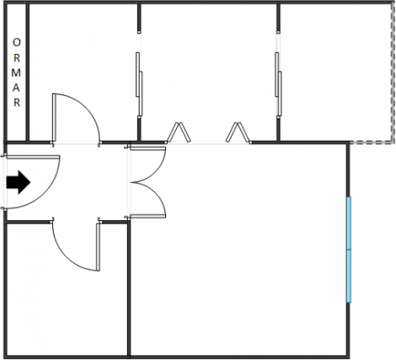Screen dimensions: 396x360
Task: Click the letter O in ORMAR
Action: (x=17, y=43)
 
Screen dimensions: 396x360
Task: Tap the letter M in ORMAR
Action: (x=16, y=73)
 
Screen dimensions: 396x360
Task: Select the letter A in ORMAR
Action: (x=16, y=88)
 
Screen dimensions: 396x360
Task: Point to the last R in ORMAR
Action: (x=17, y=103)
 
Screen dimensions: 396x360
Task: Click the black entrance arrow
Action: (x=19, y=182)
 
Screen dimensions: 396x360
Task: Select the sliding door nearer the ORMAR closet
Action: (x=139, y=84)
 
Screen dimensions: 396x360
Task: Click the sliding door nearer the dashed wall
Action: (x=278, y=84)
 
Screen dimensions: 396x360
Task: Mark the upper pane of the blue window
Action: (x=349, y=223)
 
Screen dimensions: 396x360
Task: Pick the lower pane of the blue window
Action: (x=349, y=277)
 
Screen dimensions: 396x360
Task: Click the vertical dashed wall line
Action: (x=393, y=73)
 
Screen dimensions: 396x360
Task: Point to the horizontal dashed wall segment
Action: (x=371, y=142)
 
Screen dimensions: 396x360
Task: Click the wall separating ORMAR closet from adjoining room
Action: (x=28, y=73)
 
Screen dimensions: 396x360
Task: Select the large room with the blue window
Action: (x=238, y=250)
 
